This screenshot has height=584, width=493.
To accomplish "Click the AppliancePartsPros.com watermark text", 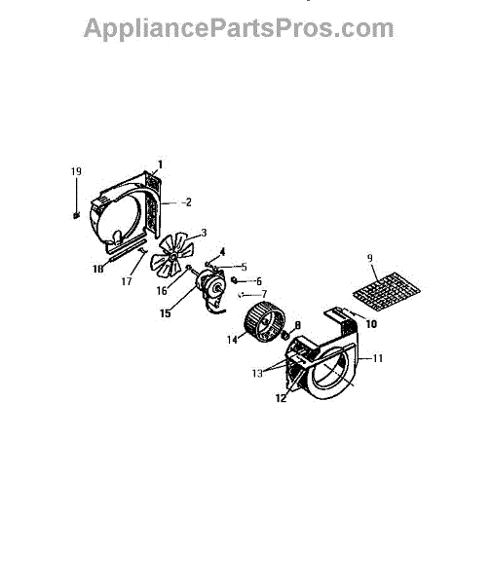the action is point(239,29).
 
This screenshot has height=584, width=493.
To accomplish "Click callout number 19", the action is point(76,171).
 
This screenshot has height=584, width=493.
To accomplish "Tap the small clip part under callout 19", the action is point(76,215).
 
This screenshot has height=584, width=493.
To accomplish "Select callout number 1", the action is point(161,164).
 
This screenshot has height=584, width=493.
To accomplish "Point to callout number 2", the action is point(188,202).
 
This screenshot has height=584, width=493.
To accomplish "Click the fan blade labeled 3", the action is point(171,255).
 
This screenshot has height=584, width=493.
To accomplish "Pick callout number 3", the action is point(204,233).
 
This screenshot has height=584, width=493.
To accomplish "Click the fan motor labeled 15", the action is point(211,289).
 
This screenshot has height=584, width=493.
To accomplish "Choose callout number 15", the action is point(166,313).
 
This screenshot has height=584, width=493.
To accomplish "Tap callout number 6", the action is point(258,281).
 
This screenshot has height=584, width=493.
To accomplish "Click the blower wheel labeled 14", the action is point(265,321).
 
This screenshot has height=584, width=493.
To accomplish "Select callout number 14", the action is point(232,340).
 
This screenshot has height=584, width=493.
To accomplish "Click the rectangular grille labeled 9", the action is point(387,292).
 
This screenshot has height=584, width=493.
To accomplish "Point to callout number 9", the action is point(369,258).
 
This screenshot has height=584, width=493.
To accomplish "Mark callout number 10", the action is point(371,324).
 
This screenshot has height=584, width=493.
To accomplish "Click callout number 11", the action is point(378,358).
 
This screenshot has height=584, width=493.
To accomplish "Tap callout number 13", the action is point(257,373).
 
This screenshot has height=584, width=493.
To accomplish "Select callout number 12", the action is point(282,398).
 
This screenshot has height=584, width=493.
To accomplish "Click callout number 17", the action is point(127,281).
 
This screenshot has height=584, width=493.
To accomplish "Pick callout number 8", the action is point(297,325).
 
